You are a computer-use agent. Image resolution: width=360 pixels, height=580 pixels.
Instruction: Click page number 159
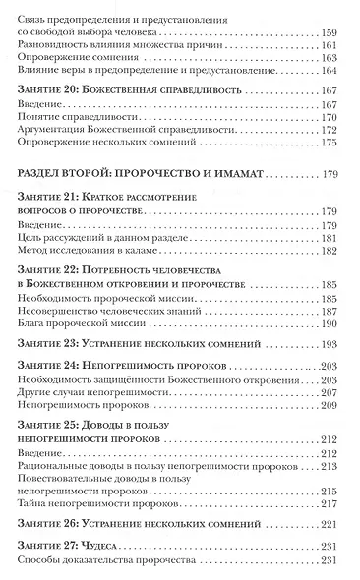(x=336, y=32)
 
